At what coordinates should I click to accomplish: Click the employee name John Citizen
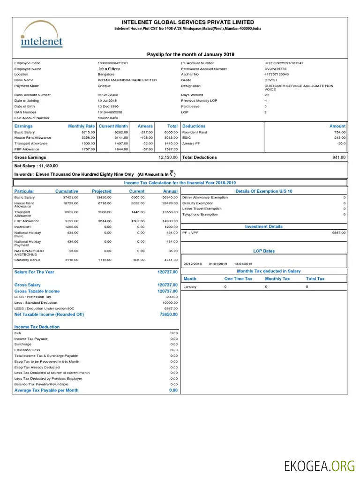click(109, 69)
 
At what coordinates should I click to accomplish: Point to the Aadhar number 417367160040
click(277, 75)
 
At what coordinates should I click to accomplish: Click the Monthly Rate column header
click(81, 126)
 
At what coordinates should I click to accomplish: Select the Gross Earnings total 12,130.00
click(168, 157)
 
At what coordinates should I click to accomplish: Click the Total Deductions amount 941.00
click(339, 157)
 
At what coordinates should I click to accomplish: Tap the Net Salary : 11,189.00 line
click(36, 166)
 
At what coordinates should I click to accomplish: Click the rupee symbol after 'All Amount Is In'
click(172, 173)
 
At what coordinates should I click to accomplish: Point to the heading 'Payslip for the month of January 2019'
click(190, 55)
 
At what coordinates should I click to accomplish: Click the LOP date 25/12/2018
click(192, 264)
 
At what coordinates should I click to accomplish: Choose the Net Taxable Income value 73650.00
click(168, 315)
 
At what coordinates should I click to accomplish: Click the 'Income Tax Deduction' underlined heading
click(37, 327)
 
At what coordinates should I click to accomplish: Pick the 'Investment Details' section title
click(264, 227)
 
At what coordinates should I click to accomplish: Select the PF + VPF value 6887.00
click(338, 232)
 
